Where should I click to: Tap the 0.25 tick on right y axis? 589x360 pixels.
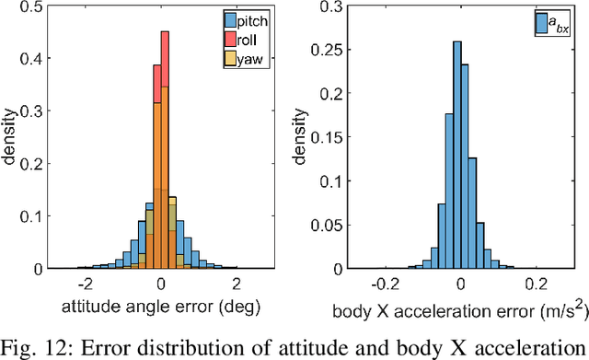pyautogui.click(x=328, y=51)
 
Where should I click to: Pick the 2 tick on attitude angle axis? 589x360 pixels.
pyautogui.click(x=236, y=284)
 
